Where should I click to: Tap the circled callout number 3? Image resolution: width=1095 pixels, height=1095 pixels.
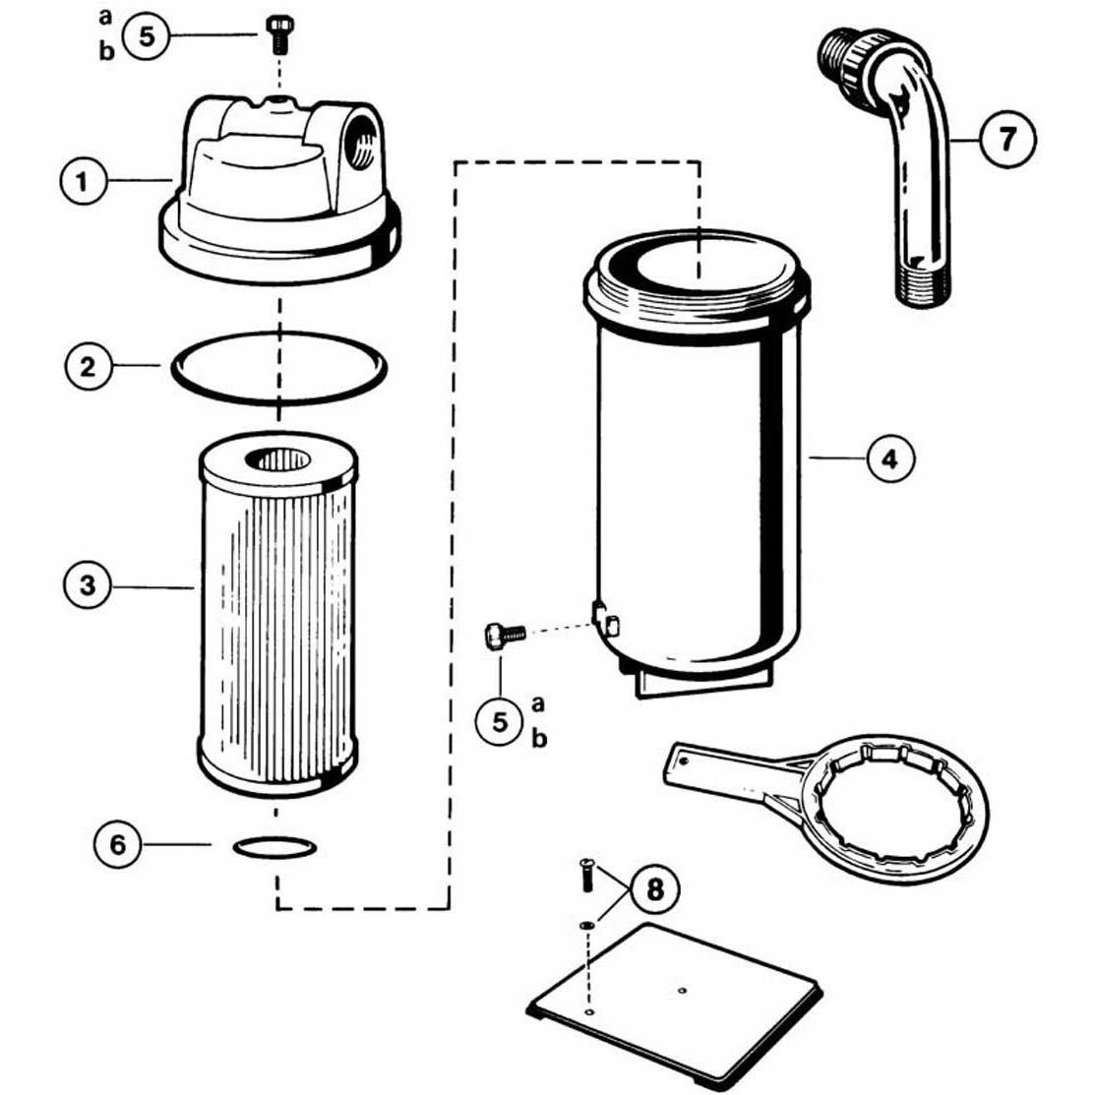coord(88,587)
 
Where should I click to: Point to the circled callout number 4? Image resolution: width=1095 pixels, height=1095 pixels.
coord(890,458)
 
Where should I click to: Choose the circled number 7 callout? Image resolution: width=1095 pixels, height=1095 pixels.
coord(1007,138)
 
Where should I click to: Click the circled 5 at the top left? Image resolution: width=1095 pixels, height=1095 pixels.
coord(147,37)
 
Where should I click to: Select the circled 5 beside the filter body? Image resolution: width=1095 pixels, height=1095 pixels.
coord(501,722)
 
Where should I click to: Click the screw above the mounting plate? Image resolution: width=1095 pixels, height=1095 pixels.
coord(587,875)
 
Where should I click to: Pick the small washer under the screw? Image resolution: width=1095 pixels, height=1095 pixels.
coord(587,925)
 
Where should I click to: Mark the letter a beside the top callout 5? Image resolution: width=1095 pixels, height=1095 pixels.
coord(105,17)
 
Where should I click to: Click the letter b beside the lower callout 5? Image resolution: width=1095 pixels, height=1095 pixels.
coord(538,739)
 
